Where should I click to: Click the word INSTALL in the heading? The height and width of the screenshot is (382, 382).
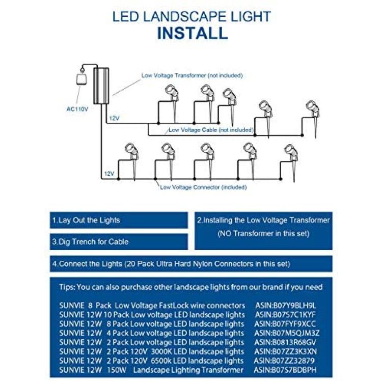tap(193, 33)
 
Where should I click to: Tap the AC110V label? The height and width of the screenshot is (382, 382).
tap(77, 109)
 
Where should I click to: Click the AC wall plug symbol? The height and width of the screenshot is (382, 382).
tap(81, 77)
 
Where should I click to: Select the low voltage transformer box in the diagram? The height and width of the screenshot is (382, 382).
tap(101, 86)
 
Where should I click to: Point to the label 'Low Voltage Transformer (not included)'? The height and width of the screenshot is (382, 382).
tap(192, 75)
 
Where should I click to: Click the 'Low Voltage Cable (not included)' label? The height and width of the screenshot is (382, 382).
tap(211, 130)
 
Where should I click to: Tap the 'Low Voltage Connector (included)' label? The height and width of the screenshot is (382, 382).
tap(203, 187)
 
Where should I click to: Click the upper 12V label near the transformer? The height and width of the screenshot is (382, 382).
tap(114, 118)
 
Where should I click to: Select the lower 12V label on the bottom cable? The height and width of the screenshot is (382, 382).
tap(109, 174)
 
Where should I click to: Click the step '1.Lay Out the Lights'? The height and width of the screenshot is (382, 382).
tap(86, 220)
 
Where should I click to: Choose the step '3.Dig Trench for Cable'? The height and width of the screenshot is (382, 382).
tap(90, 241)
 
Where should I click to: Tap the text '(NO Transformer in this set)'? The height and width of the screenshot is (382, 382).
tap(263, 233)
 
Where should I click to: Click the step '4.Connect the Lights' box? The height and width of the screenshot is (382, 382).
tap(191, 264)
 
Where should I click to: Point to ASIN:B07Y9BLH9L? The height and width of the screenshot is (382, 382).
tap(286, 305)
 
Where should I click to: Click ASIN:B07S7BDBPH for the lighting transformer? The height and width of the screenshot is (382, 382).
tap(285, 370)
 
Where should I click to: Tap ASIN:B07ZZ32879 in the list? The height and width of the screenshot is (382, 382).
tap(284, 361)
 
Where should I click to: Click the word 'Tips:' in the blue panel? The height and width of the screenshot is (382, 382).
tap(67, 287)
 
